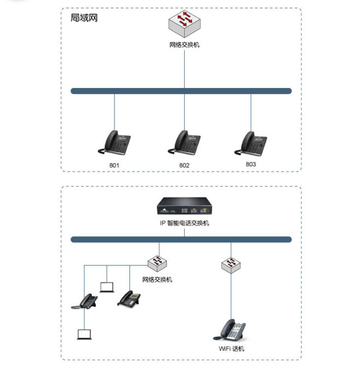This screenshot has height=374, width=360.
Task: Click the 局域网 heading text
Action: coord(84,18)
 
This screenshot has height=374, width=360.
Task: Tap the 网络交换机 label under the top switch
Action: coord(184,45)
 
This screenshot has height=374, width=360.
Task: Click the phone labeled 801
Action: coord(115,143)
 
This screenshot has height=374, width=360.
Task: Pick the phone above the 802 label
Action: coord(184,143)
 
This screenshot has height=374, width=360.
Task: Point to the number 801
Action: coord(114,165)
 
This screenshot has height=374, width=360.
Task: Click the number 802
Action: coord(184,165)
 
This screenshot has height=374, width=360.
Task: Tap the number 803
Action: coord(251,164)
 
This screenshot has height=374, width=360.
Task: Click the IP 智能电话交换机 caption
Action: coord(184,223)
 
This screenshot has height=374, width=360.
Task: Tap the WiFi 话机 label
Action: coord(232,349)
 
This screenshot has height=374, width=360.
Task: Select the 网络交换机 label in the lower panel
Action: coord(158,280)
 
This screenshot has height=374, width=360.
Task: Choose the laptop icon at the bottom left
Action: coord(84,334)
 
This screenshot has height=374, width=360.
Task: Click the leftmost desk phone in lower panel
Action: coord(85,302)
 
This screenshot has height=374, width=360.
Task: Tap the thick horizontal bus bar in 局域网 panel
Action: coord(181,91)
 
